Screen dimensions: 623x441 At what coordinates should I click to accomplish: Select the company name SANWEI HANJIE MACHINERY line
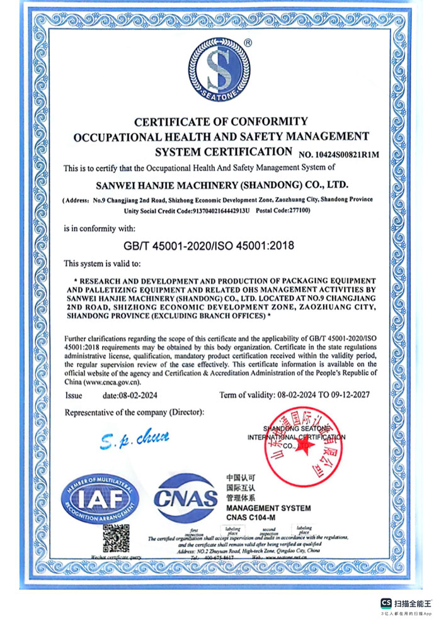[220, 185]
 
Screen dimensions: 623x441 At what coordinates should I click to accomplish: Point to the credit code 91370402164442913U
[214, 211]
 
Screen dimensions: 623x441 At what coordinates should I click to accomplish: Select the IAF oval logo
[100, 499]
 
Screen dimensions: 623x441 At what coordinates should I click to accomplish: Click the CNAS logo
[186, 499]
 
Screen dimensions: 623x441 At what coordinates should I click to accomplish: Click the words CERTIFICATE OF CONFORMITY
[221, 121]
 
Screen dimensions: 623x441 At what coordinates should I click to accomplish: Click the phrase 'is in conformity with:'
[100, 227]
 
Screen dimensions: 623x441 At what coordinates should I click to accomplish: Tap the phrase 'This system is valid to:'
[103, 262]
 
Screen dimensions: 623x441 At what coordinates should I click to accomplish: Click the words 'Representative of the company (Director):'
[135, 412]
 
